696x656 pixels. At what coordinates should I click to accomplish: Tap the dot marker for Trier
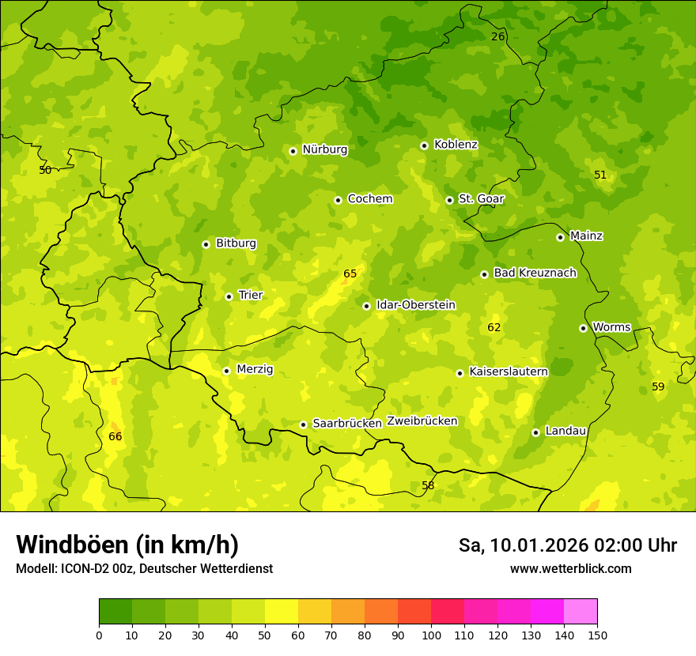tap(229, 296)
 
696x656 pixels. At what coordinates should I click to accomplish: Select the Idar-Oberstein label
tap(415, 305)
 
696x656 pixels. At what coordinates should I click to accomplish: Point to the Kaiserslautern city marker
tap(460, 373)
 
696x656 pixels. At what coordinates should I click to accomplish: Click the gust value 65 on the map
tap(350, 274)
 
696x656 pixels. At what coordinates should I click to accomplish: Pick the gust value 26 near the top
tap(497, 36)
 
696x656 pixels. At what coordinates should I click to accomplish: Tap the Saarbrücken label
tap(346, 424)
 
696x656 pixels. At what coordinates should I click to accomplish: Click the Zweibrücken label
tap(422, 421)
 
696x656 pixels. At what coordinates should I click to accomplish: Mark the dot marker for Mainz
tap(560, 237)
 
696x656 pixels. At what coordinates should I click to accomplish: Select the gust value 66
tap(115, 437)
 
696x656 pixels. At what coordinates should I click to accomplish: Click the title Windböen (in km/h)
tap(127, 545)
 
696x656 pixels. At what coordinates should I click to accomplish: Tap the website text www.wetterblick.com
tap(570, 568)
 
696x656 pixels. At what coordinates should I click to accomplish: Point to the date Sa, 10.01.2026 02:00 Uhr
tap(567, 545)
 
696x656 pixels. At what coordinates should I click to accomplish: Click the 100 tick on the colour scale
tap(431, 634)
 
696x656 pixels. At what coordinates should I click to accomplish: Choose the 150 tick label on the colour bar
tap(597, 634)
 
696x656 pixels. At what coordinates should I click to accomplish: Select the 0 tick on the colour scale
tap(99, 634)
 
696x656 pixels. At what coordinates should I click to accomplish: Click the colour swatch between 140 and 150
tap(581, 611)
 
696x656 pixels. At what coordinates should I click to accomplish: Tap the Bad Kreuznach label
tap(535, 273)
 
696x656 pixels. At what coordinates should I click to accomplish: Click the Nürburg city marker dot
tap(293, 150)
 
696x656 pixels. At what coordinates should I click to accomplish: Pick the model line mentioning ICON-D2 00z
tap(144, 568)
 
